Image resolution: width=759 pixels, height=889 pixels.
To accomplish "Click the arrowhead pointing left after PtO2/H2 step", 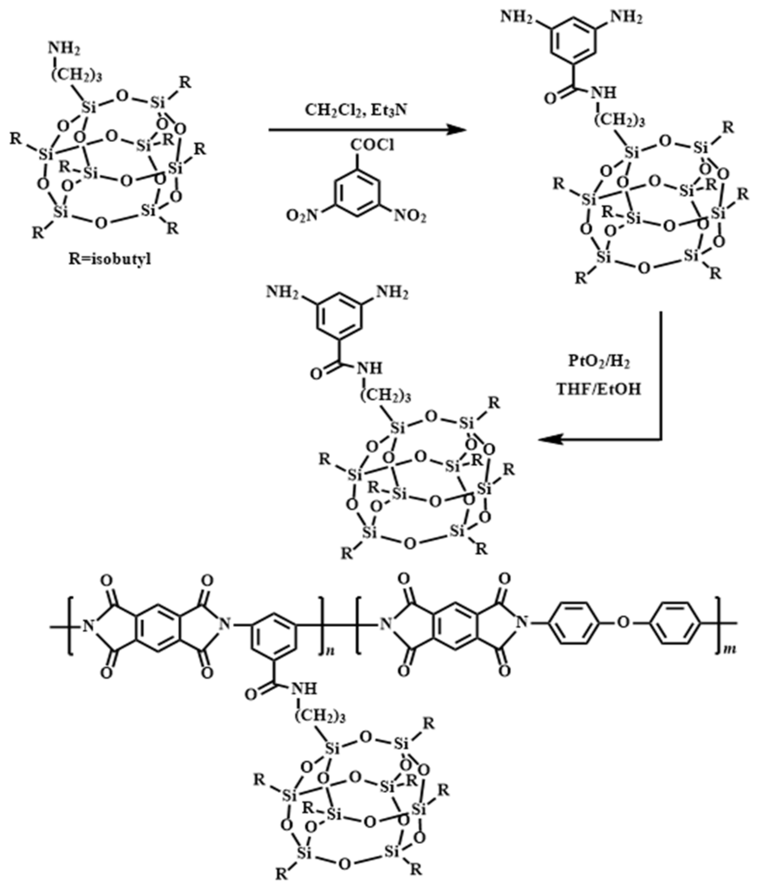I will click(550, 439).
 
